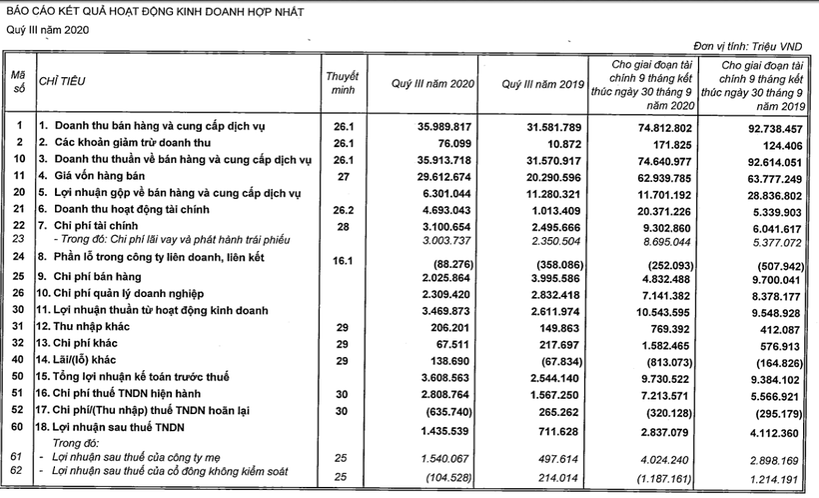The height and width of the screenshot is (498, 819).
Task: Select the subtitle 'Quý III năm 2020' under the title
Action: tap(49, 30)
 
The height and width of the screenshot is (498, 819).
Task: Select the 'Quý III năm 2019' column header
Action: tap(540, 85)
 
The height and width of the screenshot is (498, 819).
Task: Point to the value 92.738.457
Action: tap(766, 126)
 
